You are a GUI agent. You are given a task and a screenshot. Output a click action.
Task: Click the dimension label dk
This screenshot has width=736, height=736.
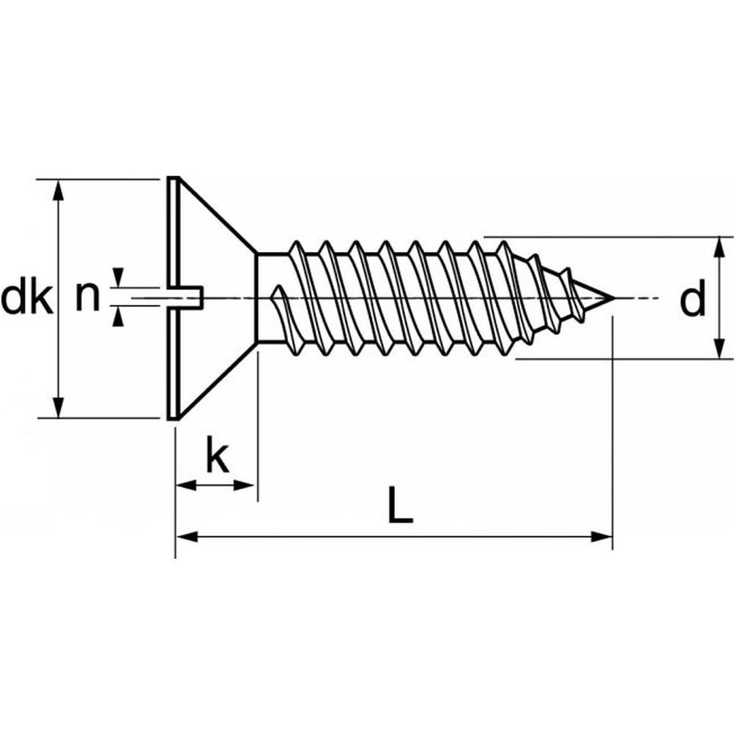pos(27,299)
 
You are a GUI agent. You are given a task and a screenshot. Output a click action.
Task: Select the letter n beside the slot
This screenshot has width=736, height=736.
pos(89,297)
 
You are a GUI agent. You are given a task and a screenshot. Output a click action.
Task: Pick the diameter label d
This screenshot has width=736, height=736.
pos(691,301)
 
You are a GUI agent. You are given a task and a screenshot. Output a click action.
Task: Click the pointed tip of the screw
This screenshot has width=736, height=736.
pos(611,298)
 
